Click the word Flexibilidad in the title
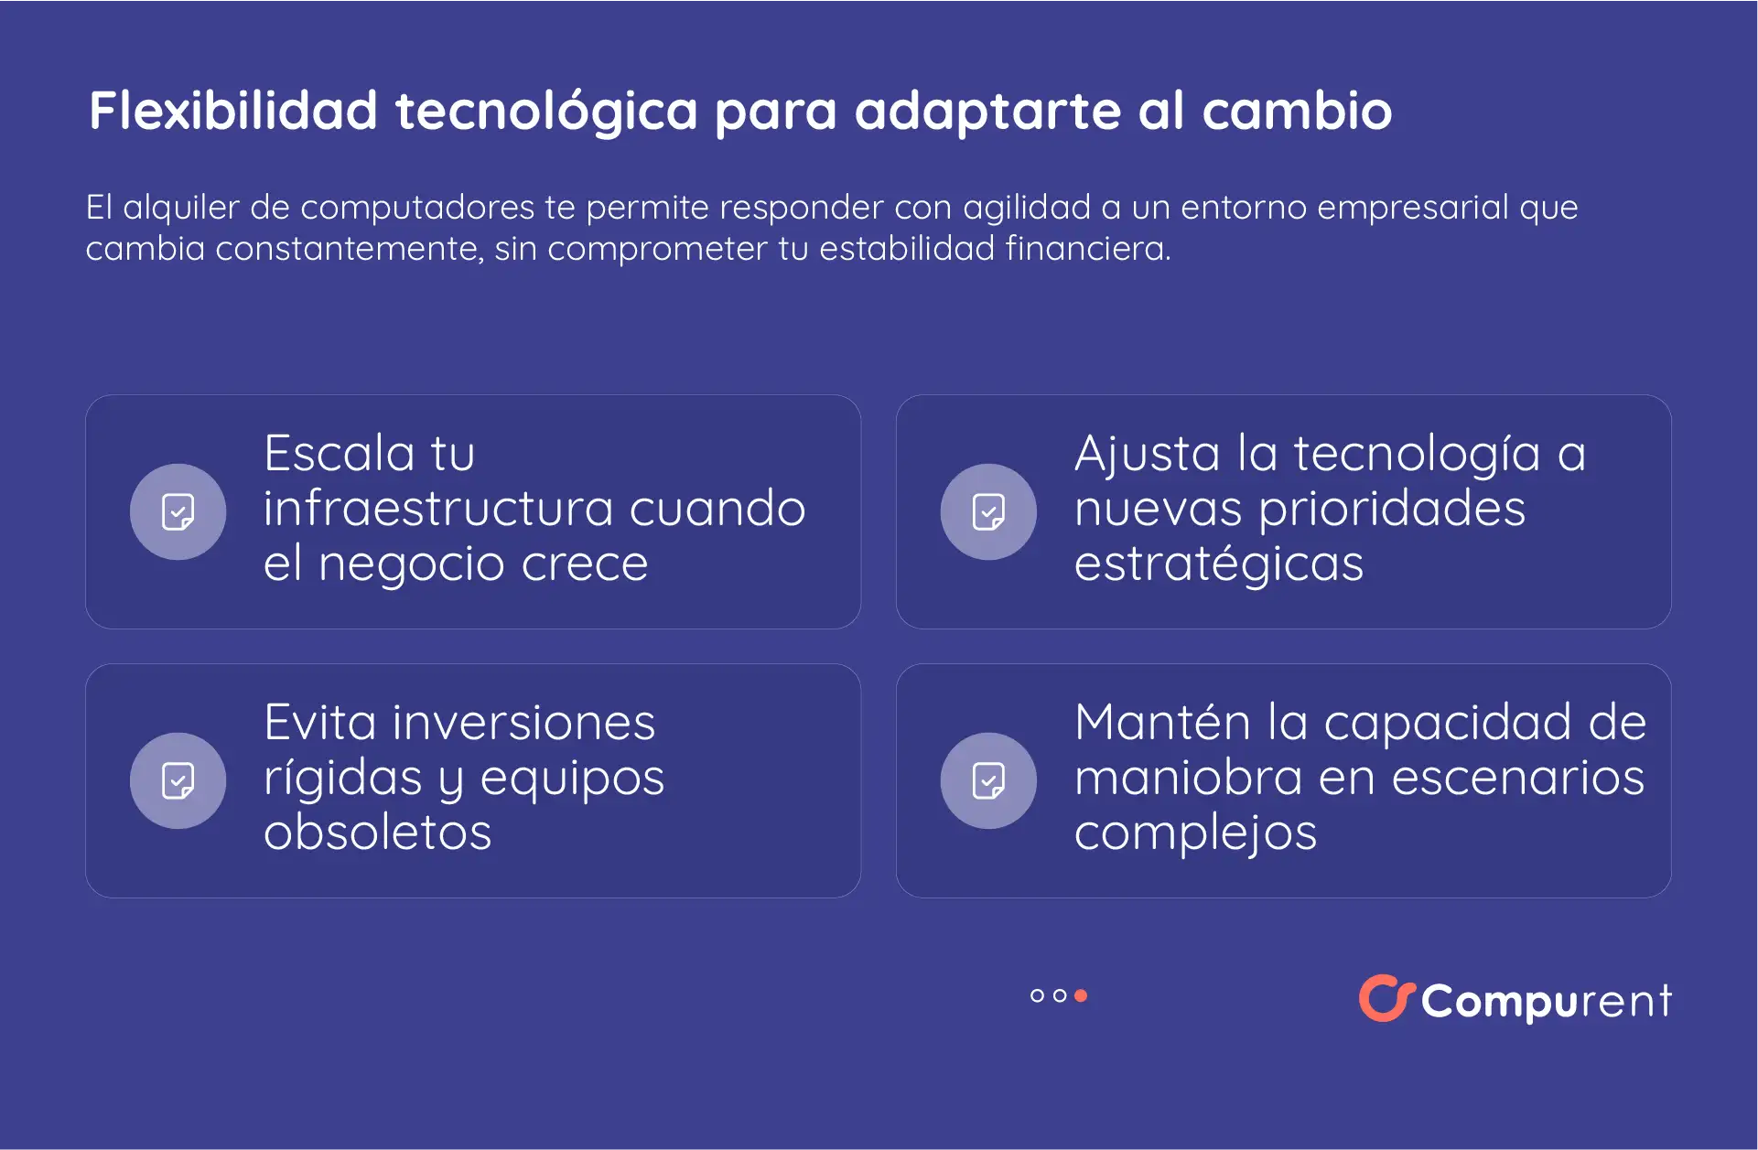coord(233,111)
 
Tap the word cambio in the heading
coord(1297,111)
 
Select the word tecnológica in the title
coord(546,111)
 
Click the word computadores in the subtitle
coord(417,208)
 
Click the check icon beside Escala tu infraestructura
coord(178,512)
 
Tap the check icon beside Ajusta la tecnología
coord(988,512)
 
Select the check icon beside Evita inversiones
coord(178,781)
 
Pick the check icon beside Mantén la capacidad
coord(988,781)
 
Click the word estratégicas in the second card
coord(1218,564)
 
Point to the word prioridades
coord(1392,509)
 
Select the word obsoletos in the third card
coord(377,833)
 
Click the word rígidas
coord(343,778)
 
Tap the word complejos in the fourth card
coord(1195,833)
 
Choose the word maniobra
coord(1188,778)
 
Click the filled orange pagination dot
coord(1081,995)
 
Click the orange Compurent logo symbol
coord(1386,998)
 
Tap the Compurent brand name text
coord(1546,1001)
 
